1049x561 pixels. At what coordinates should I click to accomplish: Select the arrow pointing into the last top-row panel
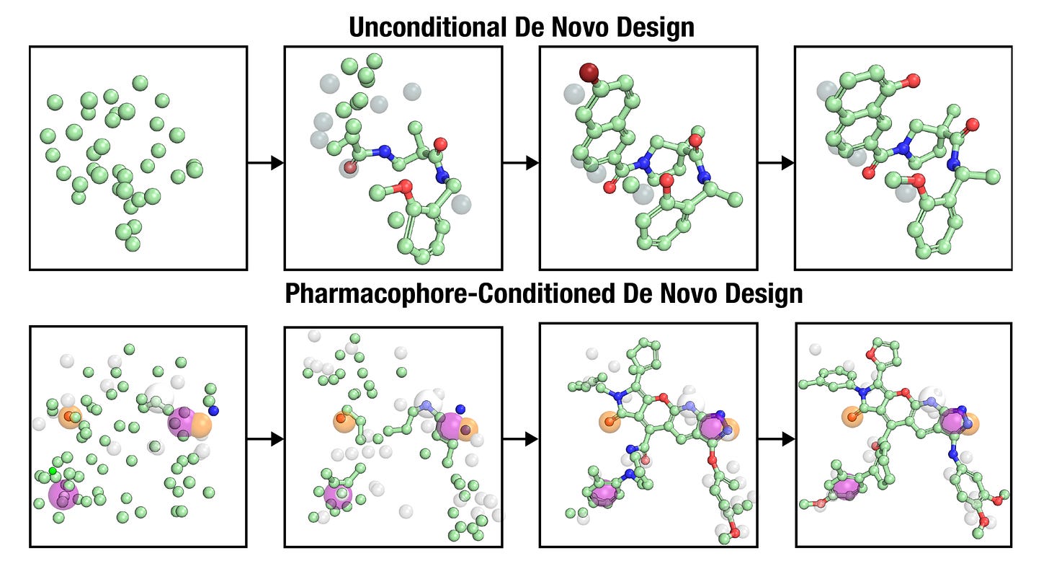776,163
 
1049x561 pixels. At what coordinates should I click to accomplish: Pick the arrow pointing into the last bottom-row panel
776,438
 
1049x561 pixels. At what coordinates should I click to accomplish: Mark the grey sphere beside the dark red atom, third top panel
574,93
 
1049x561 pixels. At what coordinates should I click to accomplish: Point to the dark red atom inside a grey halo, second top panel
349,168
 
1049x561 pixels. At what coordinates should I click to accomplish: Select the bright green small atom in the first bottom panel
52,472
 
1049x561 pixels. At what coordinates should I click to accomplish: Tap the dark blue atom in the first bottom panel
213,410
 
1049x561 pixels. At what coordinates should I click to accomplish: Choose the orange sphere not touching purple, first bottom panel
70,417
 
